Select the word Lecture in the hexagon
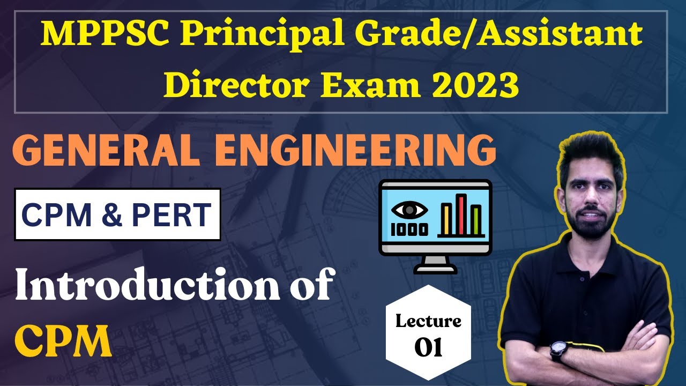[x=428, y=321]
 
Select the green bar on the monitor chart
[x=476, y=221]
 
